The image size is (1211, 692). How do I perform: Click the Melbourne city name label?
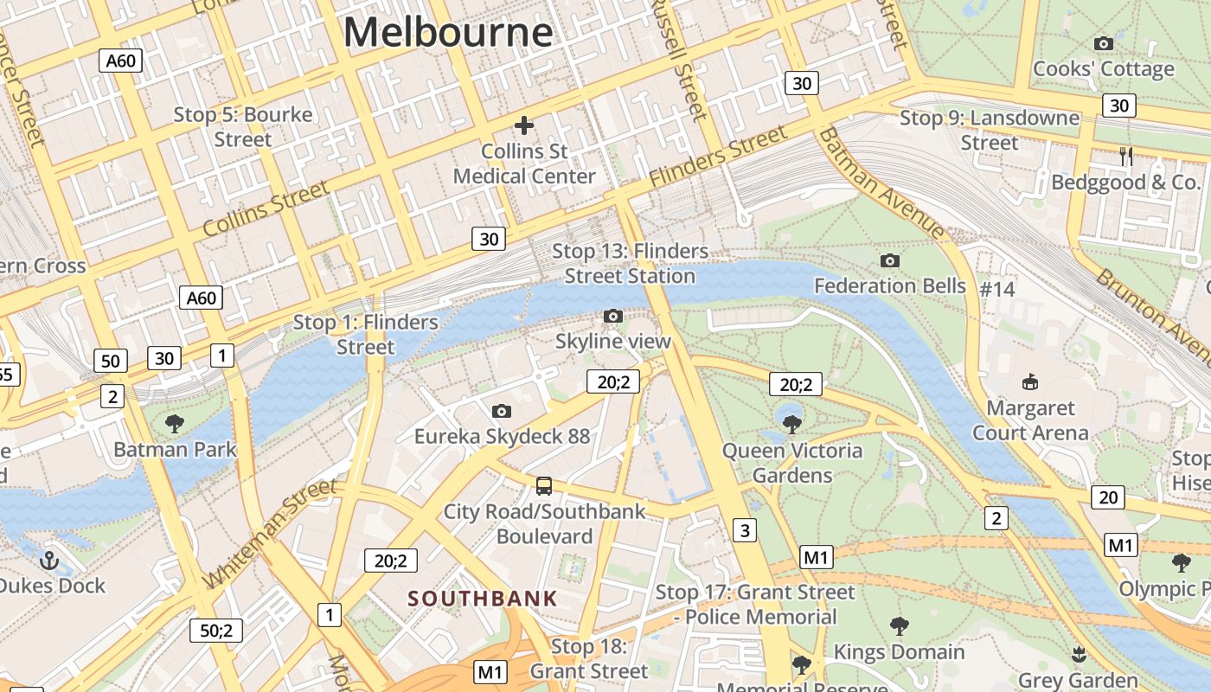[448, 32]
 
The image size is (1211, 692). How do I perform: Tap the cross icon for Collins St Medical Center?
[524, 125]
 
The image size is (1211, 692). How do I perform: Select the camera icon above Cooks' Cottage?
[1103, 43]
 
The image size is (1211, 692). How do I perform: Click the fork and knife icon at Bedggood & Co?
[1125, 157]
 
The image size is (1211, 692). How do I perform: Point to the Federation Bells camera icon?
[889, 260]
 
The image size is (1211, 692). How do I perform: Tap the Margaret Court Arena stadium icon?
[1029, 381]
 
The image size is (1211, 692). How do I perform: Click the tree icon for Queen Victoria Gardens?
[791, 424]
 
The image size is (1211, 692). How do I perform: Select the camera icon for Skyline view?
[612, 316]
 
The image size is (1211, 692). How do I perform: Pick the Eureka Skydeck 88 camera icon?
[502, 411]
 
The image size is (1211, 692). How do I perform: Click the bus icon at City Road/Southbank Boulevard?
[543, 485]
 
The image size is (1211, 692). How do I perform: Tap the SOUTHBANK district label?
[483, 598]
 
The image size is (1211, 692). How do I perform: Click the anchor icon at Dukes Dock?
[49, 560]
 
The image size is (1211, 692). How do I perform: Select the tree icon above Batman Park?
[174, 424]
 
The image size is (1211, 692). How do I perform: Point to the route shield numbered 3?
[744, 529]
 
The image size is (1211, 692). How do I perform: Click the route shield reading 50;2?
[216, 631]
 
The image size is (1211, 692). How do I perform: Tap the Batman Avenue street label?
[881, 184]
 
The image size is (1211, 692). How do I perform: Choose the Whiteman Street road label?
[270, 533]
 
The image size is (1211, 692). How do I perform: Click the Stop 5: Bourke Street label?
[243, 126]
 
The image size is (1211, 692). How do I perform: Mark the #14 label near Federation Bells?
[996, 289]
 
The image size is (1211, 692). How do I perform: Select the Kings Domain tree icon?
[899, 625]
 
